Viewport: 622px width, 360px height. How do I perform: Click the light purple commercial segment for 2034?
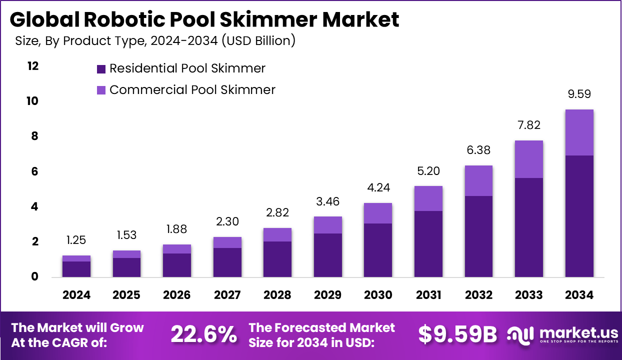(579, 132)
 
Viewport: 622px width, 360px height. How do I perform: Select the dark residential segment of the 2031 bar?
(428, 244)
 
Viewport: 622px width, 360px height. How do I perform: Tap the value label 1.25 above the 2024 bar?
(76, 240)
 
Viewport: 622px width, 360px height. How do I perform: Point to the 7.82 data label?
(529, 125)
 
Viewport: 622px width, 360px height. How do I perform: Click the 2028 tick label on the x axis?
(277, 295)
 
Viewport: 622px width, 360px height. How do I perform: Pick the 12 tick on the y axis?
(32, 66)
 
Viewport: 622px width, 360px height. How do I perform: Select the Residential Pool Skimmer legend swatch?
(101, 69)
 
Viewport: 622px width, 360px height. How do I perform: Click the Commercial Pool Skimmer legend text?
(192, 90)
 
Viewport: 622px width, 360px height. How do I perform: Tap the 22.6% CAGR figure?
(203, 334)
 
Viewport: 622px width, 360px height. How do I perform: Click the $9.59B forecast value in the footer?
(457, 334)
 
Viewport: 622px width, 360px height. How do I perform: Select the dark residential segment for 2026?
(176, 265)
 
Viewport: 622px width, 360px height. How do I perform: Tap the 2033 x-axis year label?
(528, 295)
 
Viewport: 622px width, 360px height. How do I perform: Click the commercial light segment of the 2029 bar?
(327, 225)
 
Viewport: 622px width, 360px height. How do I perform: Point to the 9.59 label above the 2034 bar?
(579, 94)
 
